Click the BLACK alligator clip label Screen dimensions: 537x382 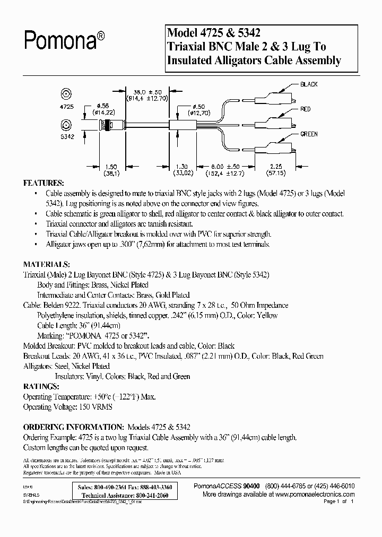tap(309, 84)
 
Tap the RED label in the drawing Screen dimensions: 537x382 tap(306, 109)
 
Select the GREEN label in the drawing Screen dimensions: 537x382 tap(309, 134)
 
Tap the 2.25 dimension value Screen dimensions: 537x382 tap(275, 166)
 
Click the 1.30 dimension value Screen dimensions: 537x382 tap(181, 166)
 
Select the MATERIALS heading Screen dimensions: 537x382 tap(46, 264)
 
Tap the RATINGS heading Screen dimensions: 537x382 tap(41, 386)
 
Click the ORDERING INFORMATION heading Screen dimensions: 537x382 tap(73, 427)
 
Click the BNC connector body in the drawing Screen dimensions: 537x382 tap(111, 126)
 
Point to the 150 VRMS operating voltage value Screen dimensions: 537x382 tap(96, 407)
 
